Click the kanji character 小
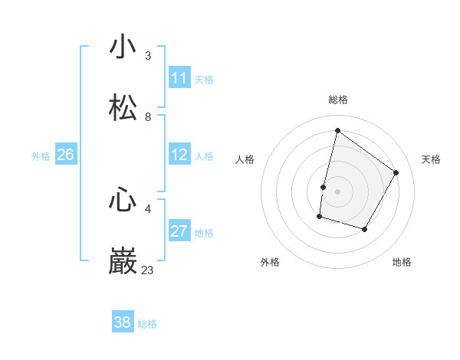(x=123, y=47)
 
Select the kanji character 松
(x=123, y=108)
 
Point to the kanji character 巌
(x=123, y=261)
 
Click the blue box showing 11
(x=179, y=78)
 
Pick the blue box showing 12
(x=179, y=155)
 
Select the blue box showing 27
(x=179, y=231)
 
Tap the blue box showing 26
(x=65, y=155)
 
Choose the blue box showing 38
(x=123, y=322)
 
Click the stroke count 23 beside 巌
(x=148, y=270)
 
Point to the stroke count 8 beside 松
(x=148, y=116)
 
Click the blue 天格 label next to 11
(x=204, y=79)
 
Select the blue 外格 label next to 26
(x=41, y=155)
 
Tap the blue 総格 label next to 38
(x=147, y=323)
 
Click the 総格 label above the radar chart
(x=337, y=100)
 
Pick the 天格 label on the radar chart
(x=431, y=159)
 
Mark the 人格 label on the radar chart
(x=245, y=159)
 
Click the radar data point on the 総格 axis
(x=337, y=131)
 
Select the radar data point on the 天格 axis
(x=396, y=172)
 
